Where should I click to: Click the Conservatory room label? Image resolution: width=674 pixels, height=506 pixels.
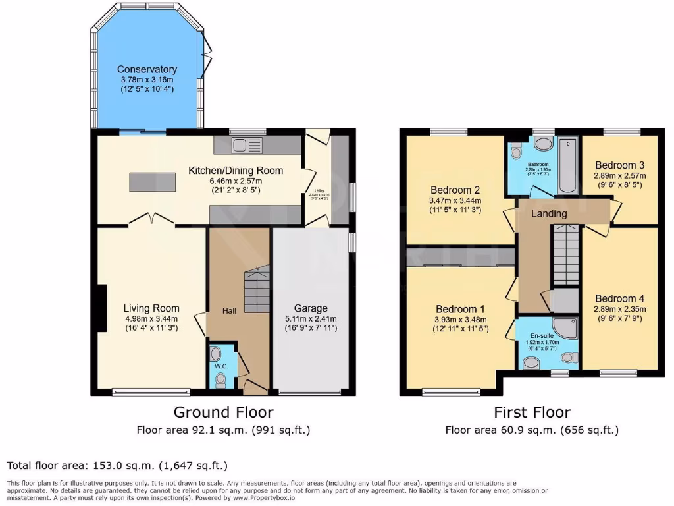[147, 69]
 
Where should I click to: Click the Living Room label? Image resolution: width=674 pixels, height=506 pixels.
[151, 308]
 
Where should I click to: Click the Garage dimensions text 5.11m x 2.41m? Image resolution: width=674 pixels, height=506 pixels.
[311, 319]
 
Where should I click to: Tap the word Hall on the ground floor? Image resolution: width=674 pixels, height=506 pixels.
[229, 311]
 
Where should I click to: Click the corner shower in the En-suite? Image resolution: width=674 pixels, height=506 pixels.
[565, 328]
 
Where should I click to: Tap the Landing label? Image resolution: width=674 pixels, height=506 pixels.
[549, 213]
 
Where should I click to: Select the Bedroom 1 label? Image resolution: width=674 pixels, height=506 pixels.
[460, 308]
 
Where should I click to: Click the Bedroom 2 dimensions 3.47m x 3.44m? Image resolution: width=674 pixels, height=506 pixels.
[456, 200]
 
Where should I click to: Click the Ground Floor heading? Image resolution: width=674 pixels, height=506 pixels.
[223, 412]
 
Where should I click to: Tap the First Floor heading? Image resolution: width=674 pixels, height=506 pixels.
[532, 412]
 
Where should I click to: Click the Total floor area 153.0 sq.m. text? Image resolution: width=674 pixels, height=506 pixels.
[117, 466]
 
